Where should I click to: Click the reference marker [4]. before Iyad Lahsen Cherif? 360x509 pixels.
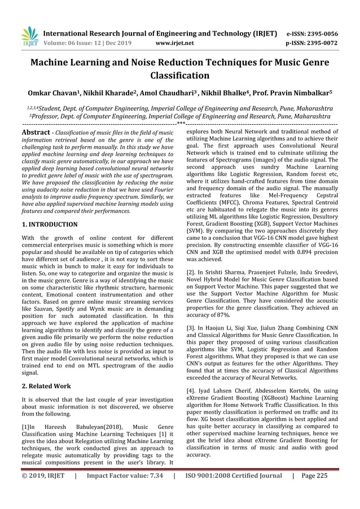pyautogui.click(x=191, y=389)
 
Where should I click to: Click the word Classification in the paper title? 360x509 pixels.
pyautogui.click(x=179, y=75)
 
